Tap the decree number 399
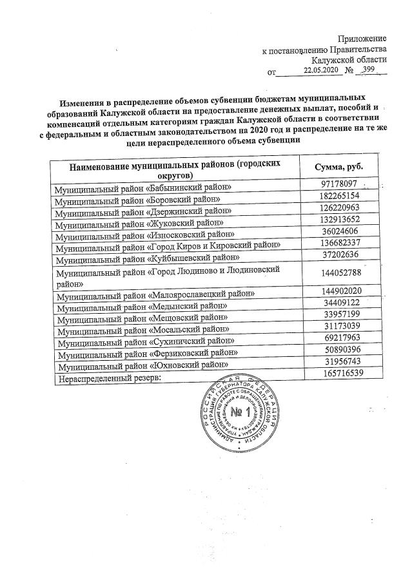point(369,70)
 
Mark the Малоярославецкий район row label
point(154,295)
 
